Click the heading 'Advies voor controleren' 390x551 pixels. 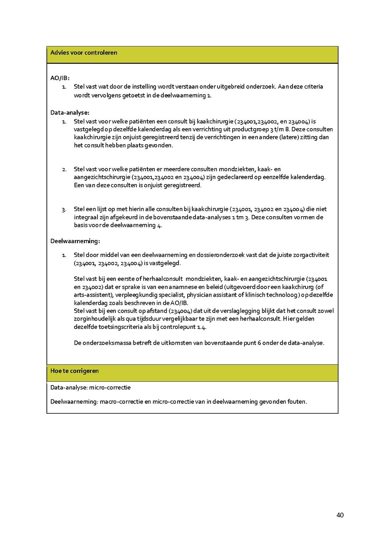84,53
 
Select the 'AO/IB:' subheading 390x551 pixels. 60,78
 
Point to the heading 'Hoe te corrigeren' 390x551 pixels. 75,371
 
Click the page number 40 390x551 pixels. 340,515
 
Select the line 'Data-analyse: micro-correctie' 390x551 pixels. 91,387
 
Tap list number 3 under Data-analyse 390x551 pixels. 64,210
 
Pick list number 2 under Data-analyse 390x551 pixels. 64,169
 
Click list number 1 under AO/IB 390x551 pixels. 64,87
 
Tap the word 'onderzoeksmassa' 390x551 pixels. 107,343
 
